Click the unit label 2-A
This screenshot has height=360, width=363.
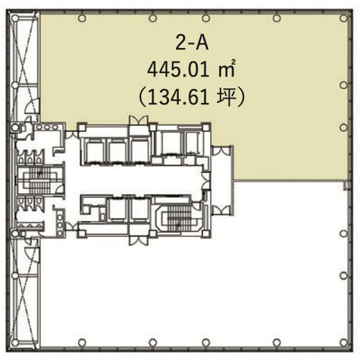192,43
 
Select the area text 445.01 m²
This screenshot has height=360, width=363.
191,69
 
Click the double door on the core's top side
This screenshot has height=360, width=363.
138,120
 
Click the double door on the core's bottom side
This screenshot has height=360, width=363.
138,240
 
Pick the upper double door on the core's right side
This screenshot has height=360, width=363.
221,151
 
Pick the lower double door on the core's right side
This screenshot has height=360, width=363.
221,210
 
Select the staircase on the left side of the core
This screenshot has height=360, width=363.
40,180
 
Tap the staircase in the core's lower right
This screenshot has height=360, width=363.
179,218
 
